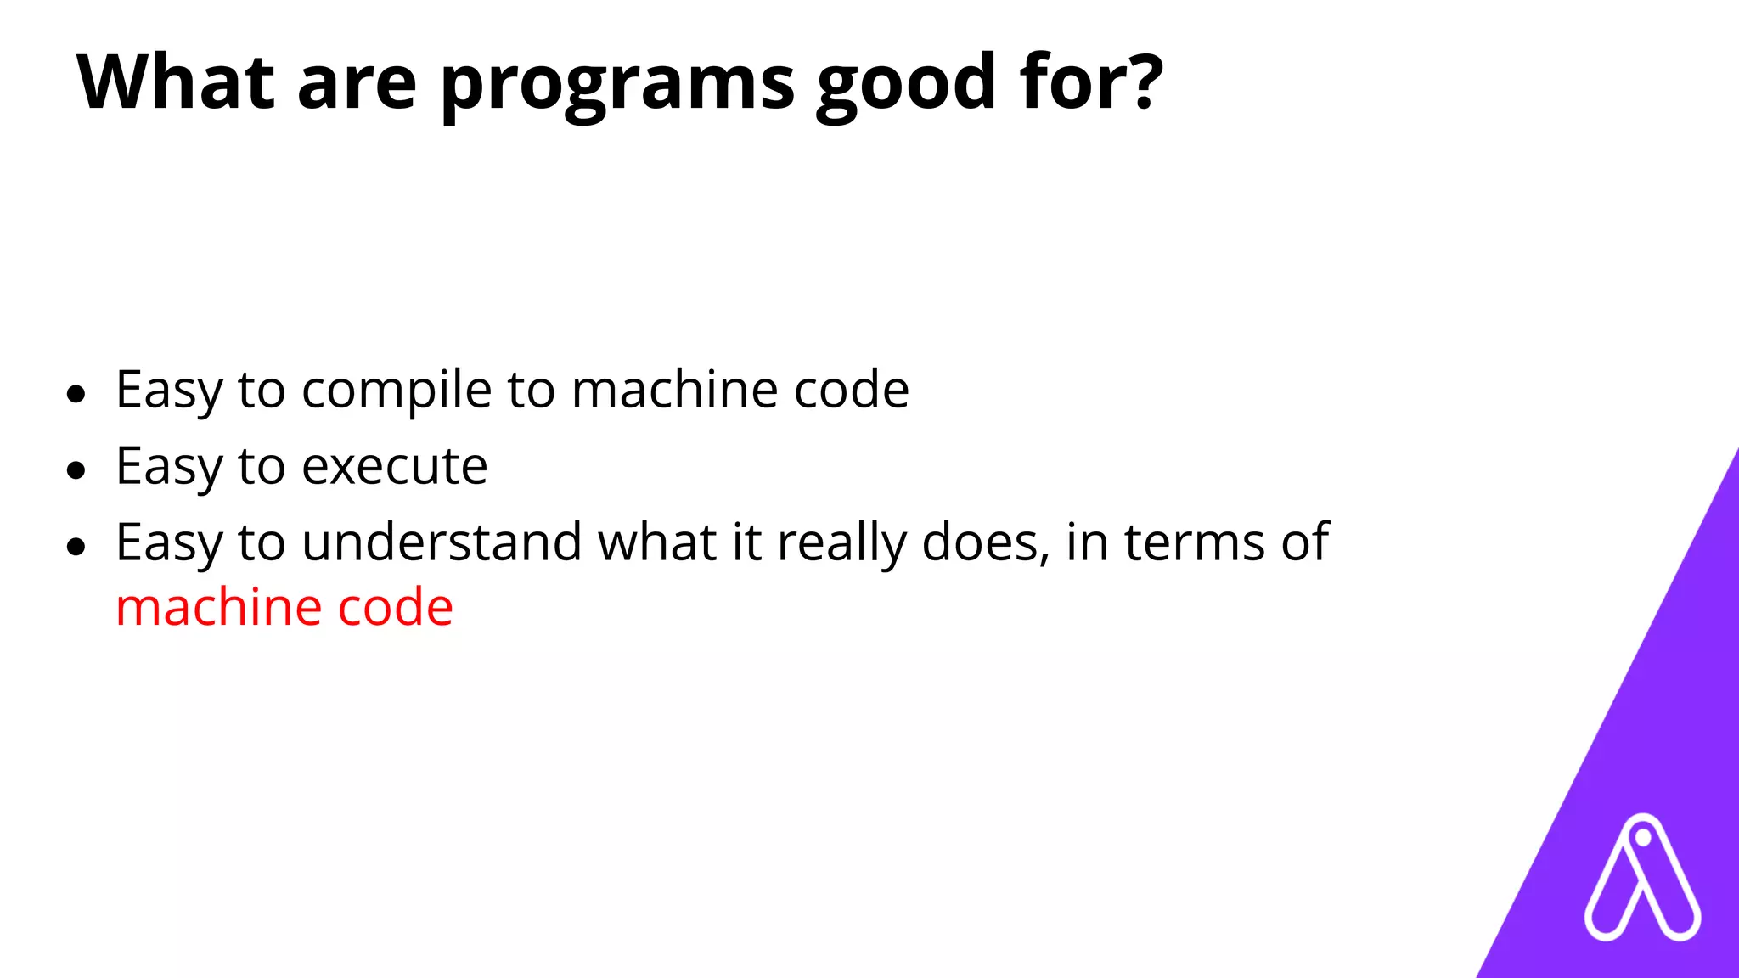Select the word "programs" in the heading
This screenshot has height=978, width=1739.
click(617, 85)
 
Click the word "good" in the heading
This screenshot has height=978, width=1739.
click(906, 85)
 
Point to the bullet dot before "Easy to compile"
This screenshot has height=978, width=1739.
click(76, 394)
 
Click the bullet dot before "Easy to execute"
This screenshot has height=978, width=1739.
click(76, 469)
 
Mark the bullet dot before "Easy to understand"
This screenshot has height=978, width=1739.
click(76, 546)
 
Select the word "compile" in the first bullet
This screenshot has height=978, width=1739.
click(397, 391)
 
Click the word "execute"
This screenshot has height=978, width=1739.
click(395, 466)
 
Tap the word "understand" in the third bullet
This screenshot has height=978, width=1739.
click(442, 542)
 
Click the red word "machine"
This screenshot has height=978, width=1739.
click(218, 608)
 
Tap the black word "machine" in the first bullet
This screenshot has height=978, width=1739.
click(674, 391)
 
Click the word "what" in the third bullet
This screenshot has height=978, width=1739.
click(657, 542)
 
